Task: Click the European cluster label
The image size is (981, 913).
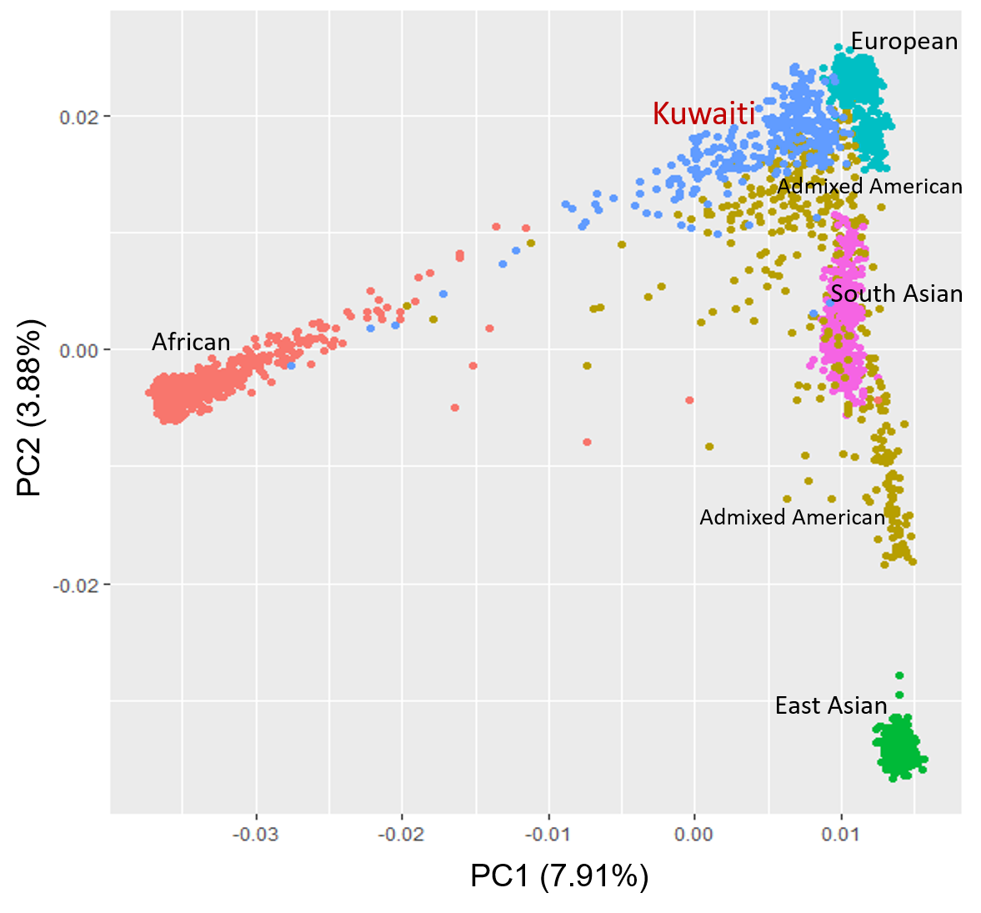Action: coord(903,42)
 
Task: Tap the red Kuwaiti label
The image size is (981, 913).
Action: coord(703,113)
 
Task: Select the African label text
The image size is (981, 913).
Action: coord(191,342)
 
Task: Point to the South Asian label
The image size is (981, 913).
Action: coord(896,293)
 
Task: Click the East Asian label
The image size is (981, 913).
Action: coord(830,705)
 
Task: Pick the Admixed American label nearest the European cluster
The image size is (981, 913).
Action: coord(869,186)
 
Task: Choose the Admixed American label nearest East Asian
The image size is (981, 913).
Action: coord(792,517)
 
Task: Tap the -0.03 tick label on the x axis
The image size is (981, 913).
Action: coord(255,834)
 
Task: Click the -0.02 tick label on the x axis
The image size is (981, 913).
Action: coord(402,834)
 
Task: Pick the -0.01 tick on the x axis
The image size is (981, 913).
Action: coord(548,834)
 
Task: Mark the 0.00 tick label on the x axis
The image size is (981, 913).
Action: coord(694,834)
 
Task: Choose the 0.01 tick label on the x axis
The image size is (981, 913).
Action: coord(841,834)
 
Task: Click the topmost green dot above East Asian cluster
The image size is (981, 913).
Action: coord(899,675)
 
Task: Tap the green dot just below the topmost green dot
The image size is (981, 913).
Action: coord(899,695)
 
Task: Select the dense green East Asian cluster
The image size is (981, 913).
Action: coord(899,748)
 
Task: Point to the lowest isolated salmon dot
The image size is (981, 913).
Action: coord(587,442)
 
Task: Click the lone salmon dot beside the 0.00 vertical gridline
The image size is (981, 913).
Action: coord(689,400)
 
